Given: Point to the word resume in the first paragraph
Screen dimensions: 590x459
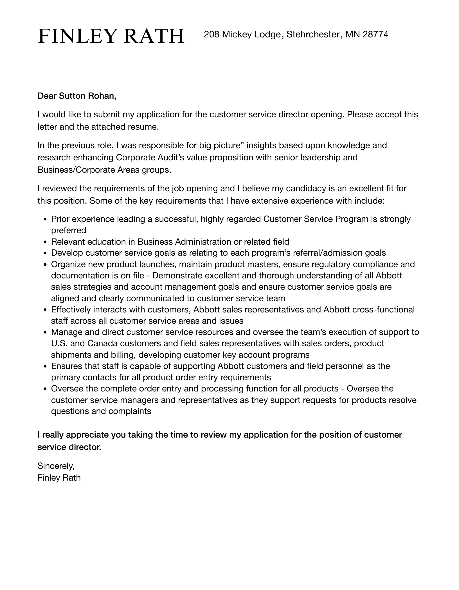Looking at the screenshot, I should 143,127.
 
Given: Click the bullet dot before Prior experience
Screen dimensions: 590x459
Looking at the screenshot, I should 45,219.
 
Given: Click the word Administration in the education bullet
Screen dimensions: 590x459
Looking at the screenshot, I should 203,242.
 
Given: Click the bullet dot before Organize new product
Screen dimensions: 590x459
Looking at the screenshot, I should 45,265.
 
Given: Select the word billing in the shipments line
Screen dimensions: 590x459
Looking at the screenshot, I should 125,355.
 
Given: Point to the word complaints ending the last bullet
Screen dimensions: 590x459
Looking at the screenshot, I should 130,411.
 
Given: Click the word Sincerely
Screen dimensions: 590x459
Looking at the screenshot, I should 56,466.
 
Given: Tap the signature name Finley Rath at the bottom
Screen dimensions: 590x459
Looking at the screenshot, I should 59,478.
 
